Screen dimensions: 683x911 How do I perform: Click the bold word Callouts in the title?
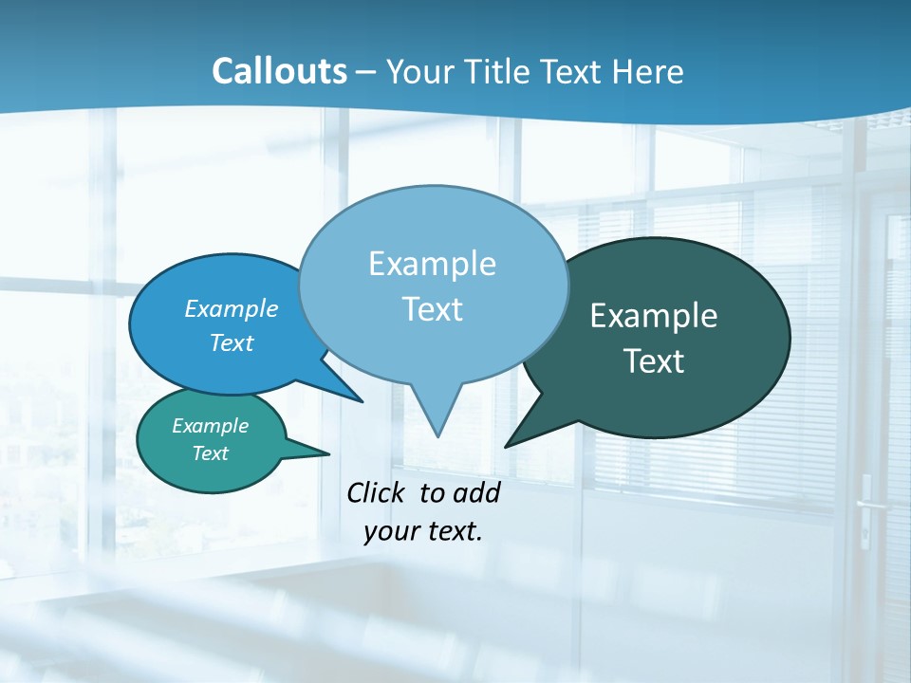[280, 71]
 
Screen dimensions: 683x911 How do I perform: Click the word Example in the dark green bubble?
[654, 316]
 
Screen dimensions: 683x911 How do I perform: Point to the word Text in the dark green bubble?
[654, 361]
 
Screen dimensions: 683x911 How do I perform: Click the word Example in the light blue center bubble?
[432, 264]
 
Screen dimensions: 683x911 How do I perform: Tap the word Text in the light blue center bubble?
[432, 309]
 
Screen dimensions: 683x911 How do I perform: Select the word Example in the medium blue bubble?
[232, 308]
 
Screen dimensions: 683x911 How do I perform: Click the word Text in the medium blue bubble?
[232, 342]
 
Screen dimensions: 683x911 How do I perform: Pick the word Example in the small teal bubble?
[210, 426]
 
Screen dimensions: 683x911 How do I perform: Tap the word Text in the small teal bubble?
[210, 453]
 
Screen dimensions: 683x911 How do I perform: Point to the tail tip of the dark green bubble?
[506, 446]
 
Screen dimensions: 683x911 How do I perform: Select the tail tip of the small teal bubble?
[328, 453]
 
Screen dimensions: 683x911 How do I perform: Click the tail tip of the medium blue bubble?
[363, 400]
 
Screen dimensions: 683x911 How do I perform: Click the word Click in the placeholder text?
[378, 492]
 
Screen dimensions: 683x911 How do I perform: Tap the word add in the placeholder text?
[476, 492]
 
